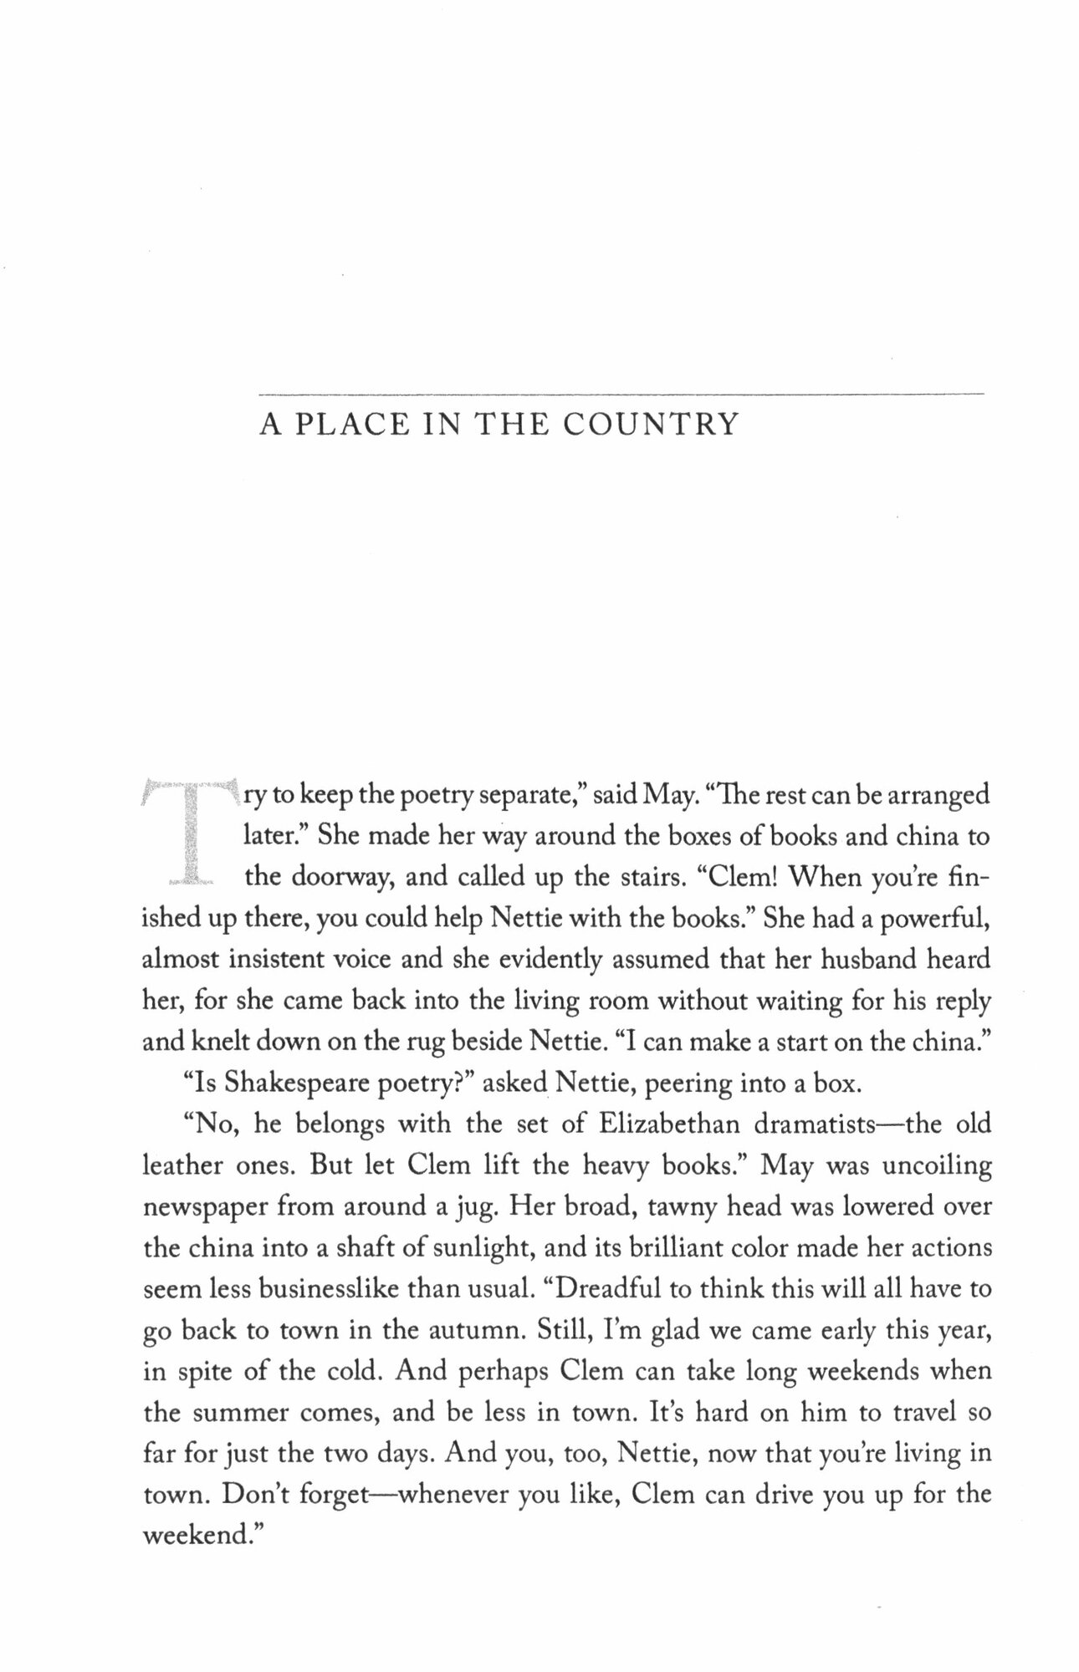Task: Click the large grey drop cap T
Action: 190,833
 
